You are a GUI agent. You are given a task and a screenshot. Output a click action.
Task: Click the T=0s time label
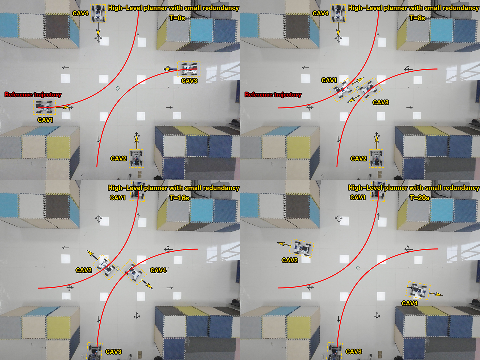tap(177, 18)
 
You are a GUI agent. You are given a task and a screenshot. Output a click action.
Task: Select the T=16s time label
tap(179, 198)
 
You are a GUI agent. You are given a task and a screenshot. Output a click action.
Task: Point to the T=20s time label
tap(420, 198)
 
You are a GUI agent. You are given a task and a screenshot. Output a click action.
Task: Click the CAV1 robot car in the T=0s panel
tap(45, 107)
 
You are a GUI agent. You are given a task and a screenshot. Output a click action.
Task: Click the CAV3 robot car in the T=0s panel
tap(189, 69)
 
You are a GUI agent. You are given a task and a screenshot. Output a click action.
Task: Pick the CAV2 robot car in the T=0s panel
tap(137, 158)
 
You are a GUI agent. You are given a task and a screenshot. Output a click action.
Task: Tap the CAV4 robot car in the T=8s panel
tap(338, 13)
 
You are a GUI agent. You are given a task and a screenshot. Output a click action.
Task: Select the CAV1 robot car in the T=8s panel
tap(343, 90)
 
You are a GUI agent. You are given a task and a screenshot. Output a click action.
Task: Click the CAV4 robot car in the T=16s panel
tap(133, 272)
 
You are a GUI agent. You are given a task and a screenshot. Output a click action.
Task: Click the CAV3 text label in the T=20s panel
tap(354, 352)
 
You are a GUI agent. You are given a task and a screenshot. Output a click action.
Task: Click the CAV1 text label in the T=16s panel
tap(118, 197)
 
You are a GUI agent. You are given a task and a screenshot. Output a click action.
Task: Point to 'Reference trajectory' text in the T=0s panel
tap(33, 94)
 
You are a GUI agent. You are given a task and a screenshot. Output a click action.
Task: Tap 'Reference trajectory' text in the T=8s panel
tap(273, 94)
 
